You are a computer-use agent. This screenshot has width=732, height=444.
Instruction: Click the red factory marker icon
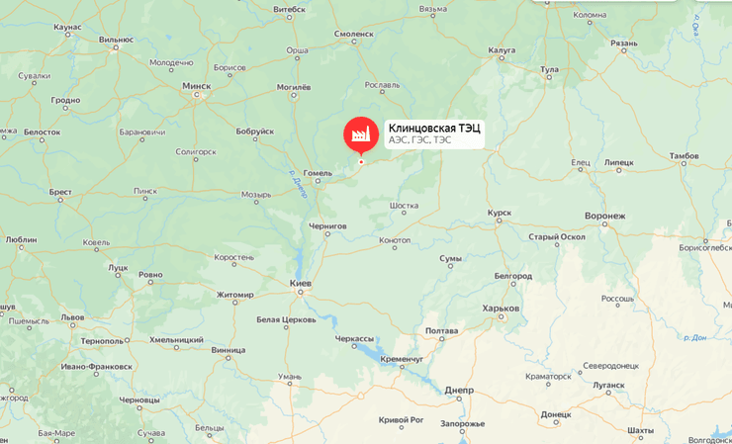(361, 133)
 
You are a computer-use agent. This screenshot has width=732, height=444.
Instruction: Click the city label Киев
(301, 284)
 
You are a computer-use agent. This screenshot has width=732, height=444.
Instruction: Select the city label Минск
(197, 86)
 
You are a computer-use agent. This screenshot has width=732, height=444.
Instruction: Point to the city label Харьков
(501, 309)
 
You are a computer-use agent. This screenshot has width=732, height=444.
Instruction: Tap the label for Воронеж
(605, 216)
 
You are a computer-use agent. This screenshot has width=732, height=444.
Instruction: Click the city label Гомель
(318, 173)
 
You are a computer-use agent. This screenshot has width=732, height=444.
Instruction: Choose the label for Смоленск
(354, 34)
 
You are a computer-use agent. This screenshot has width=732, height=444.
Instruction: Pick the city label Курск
(500, 213)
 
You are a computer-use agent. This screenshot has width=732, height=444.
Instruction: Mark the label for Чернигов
(327, 226)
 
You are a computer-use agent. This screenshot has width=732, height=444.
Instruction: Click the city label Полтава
(441, 330)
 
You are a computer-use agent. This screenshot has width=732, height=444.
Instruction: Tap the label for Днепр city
(460, 390)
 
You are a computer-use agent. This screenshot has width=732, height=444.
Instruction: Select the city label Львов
(73, 317)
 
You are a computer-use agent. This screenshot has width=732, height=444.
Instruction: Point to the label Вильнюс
(116, 40)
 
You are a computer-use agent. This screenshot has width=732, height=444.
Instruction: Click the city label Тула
(550, 70)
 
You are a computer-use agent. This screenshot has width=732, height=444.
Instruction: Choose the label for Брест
(60, 192)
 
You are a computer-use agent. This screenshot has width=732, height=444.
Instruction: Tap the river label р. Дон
(695, 337)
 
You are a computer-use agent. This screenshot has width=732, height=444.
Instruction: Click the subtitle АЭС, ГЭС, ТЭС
(419, 140)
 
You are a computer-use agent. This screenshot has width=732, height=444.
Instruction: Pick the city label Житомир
(235, 295)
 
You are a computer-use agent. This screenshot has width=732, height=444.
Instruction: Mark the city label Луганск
(608, 386)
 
